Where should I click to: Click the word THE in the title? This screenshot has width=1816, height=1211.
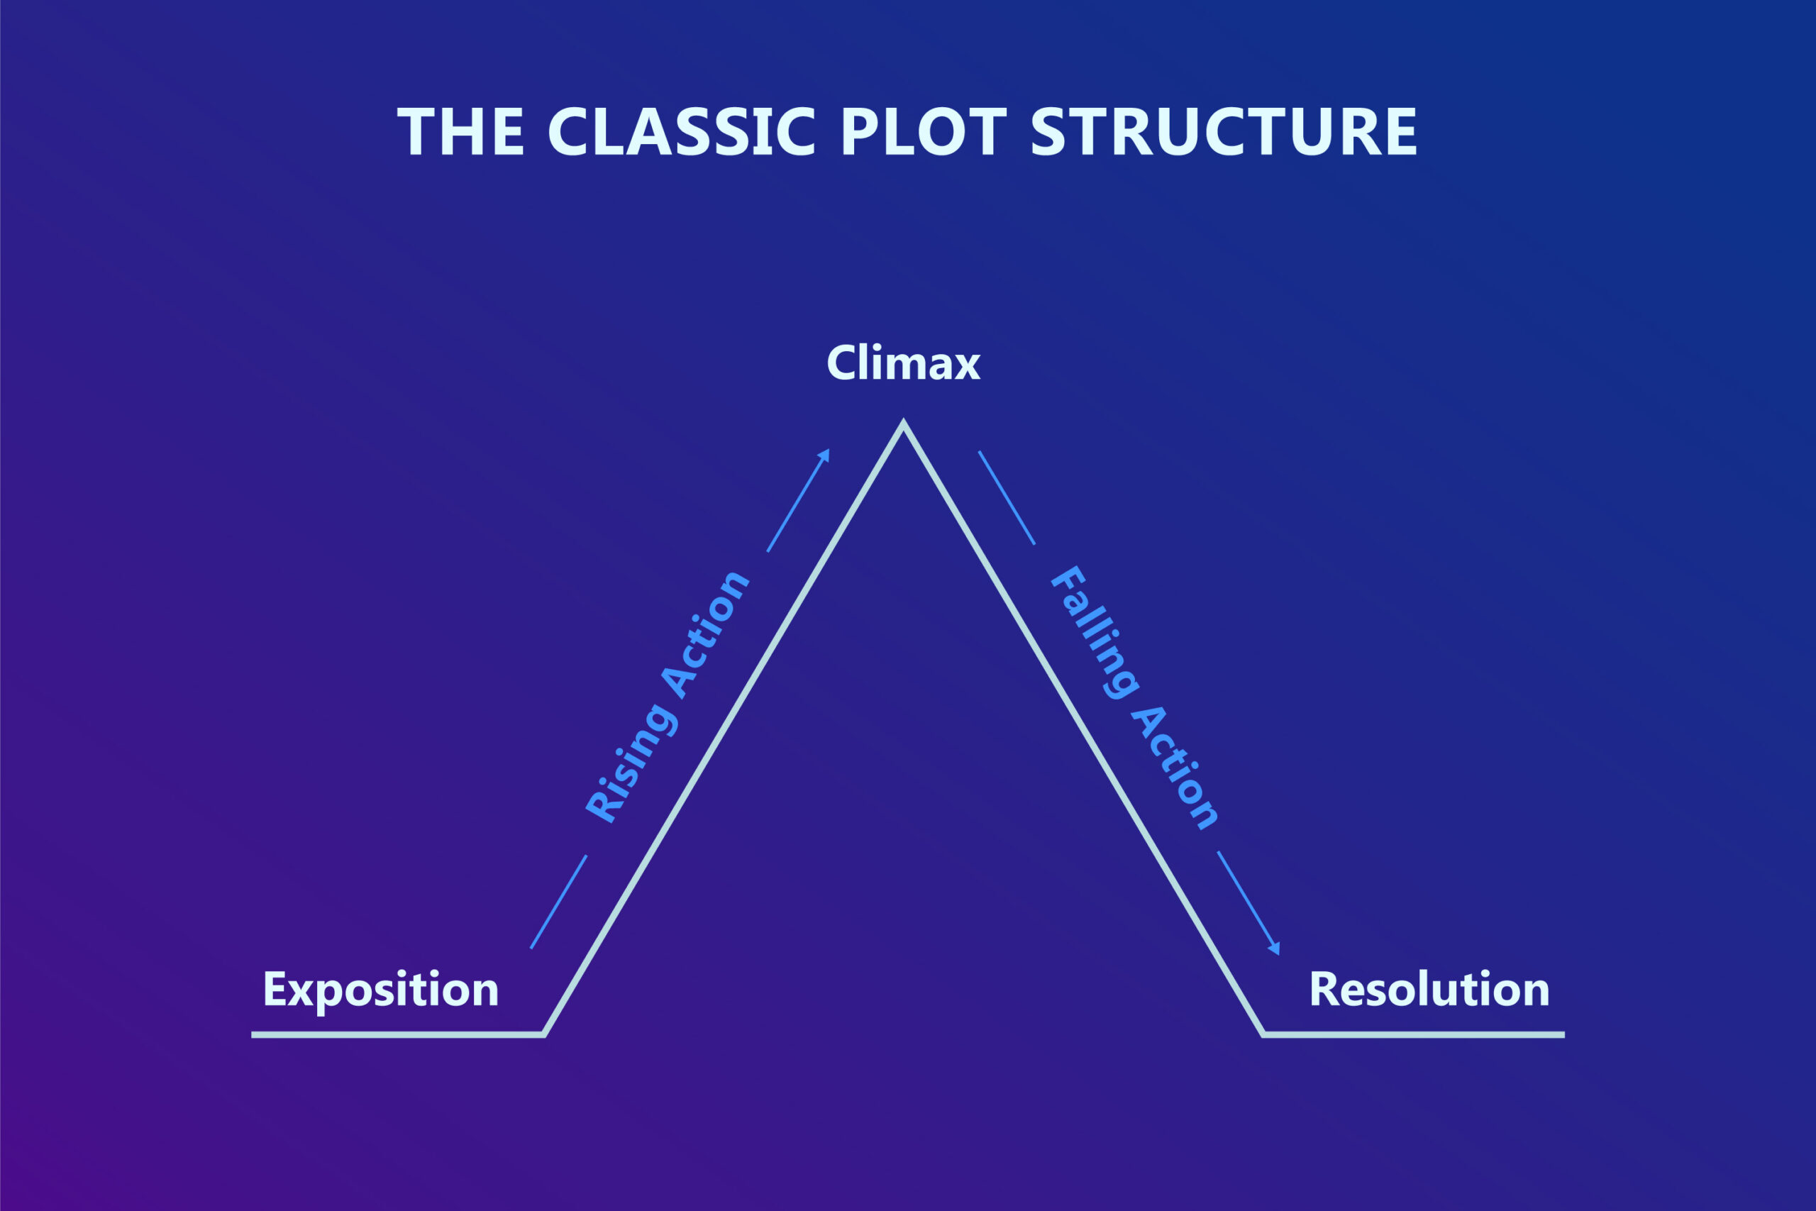tap(460, 132)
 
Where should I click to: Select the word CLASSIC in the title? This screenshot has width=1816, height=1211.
tap(681, 132)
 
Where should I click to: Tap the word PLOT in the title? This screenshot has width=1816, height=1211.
tap(924, 132)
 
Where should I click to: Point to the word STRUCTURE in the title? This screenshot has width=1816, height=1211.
tap(1224, 132)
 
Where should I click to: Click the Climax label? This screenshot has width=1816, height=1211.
tap(902, 363)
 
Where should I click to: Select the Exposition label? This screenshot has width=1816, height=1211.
tap(381, 990)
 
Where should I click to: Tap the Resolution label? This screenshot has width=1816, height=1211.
tap(1429, 990)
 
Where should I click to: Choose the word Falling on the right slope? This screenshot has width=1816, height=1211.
tap(1094, 633)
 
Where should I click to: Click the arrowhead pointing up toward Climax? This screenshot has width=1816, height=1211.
tap(824, 455)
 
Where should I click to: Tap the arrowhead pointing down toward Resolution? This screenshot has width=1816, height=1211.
tap(1275, 949)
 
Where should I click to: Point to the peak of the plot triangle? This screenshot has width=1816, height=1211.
tap(903, 424)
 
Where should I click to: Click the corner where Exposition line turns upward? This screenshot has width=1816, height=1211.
tap(543, 1034)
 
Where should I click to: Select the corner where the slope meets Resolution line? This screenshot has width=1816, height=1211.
tap(1263, 1034)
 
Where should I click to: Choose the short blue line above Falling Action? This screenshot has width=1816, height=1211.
tap(1006, 498)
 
